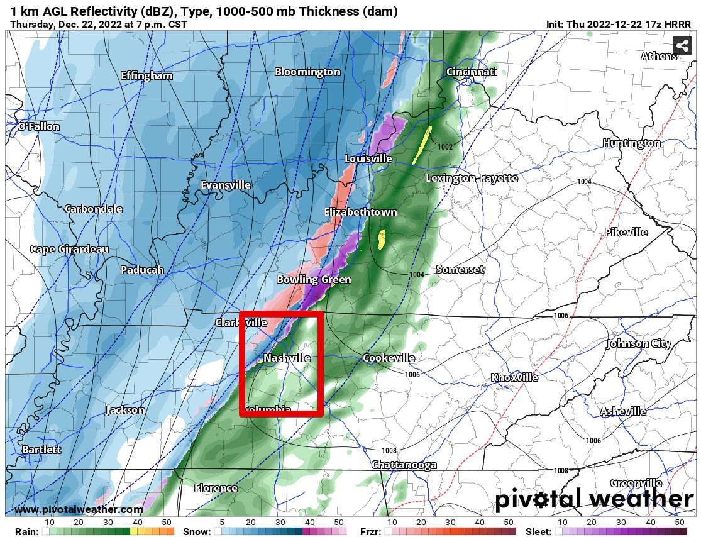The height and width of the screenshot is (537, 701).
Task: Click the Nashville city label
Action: pyautogui.click(x=287, y=358)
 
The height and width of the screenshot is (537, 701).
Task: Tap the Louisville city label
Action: pyautogui.click(x=368, y=158)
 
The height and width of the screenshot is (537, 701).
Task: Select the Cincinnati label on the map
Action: pyautogui.click(x=472, y=72)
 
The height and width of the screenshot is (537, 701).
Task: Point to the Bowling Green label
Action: pyautogui.click(x=314, y=279)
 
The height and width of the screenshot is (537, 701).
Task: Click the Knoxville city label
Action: pyautogui.click(x=514, y=377)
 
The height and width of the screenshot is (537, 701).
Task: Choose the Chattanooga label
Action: pyautogui.click(x=404, y=465)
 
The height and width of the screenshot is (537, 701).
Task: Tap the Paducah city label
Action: pyautogui.click(x=142, y=270)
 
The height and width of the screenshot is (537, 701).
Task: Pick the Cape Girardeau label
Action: pyautogui.click(x=69, y=249)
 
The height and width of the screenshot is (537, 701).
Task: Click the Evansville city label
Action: pyautogui.click(x=226, y=185)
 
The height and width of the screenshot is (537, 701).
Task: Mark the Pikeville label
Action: pyautogui.click(x=626, y=232)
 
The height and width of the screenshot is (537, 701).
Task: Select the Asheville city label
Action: pyautogui.click(x=623, y=411)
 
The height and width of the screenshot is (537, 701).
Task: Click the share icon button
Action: pyautogui.click(x=682, y=45)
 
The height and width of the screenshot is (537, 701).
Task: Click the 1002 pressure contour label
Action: pyautogui.click(x=445, y=147)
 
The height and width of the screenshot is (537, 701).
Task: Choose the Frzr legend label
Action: pyautogui.click(x=371, y=531)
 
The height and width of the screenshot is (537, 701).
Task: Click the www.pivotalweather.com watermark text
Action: pyautogui.click(x=79, y=510)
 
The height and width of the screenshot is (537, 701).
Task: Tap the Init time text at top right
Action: pyautogui.click(x=619, y=25)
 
